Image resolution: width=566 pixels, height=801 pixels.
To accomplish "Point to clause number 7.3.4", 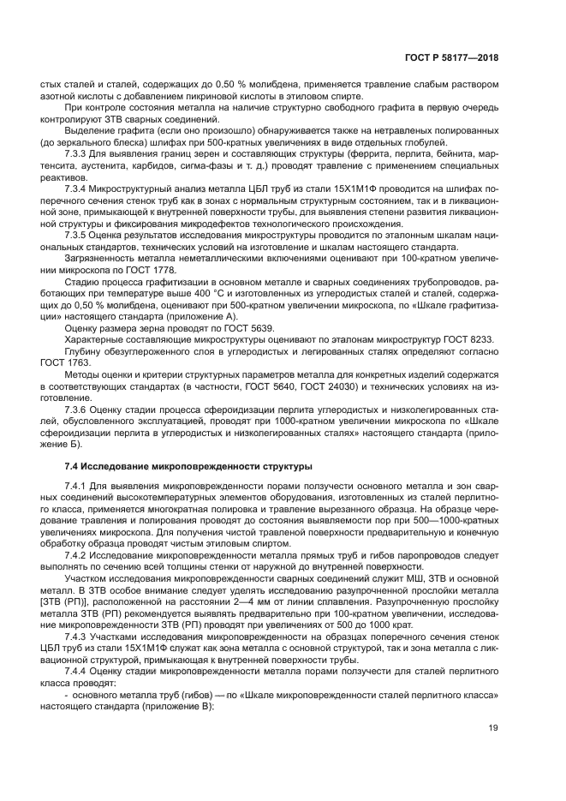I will coord(78,186).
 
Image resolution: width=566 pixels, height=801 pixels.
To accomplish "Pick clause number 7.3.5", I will coord(78,232).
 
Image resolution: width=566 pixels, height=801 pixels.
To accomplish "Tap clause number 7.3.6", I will coord(78,409).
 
